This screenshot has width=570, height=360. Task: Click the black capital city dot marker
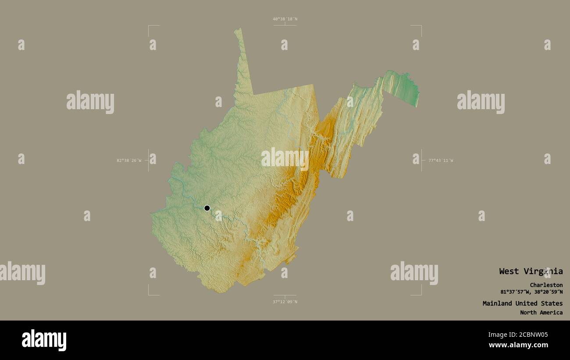click(207, 208)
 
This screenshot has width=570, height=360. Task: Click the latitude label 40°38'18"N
click(285, 19)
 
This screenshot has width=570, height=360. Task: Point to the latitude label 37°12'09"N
click(285, 302)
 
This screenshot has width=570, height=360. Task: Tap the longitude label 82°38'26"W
click(129, 160)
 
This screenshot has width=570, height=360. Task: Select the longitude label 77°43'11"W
click(441, 160)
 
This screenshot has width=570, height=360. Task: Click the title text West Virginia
click(531, 271)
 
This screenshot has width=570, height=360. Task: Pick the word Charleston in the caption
click(546, 285)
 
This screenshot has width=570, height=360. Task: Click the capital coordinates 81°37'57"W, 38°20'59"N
click(531, 292)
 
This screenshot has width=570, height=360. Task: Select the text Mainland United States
click(523, 303)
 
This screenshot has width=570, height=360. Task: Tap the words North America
click(541, 313)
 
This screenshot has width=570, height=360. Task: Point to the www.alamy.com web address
click(518, 345)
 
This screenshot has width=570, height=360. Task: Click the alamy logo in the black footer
click(44, 340)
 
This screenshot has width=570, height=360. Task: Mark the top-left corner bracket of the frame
click(149, 26)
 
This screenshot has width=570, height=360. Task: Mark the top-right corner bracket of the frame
click(421, 26)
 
